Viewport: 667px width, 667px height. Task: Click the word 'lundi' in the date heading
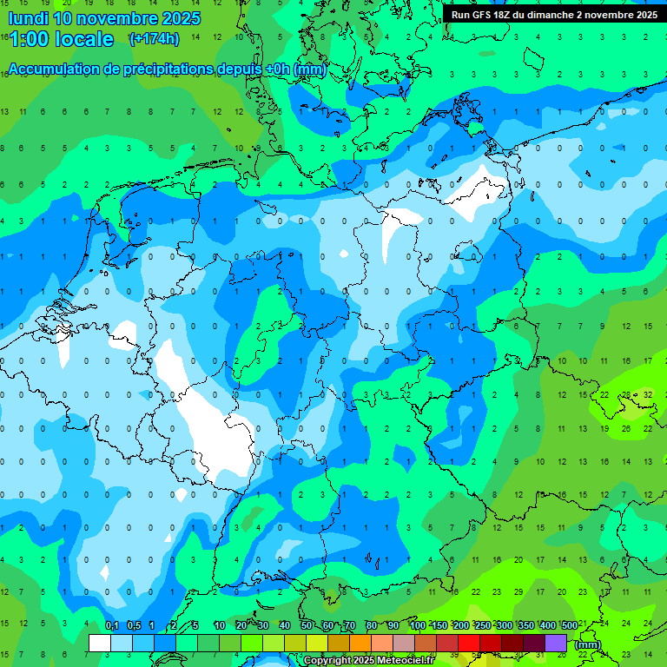click(27, 18)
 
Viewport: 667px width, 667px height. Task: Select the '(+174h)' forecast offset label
click(154, 39)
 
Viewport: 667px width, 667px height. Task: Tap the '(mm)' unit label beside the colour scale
click(588, 644)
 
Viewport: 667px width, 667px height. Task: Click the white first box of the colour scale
click(100, 643)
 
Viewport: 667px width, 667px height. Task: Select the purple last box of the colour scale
click(556, 643)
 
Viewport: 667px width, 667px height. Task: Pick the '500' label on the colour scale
click(569, 625)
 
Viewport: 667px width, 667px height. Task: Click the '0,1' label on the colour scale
click(111, 625)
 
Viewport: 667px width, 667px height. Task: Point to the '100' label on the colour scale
click(417, 625)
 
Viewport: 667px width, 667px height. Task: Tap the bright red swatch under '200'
click(469, 643)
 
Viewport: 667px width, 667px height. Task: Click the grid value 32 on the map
click(647, 394)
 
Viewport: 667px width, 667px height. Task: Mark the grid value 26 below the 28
click(625, 428)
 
